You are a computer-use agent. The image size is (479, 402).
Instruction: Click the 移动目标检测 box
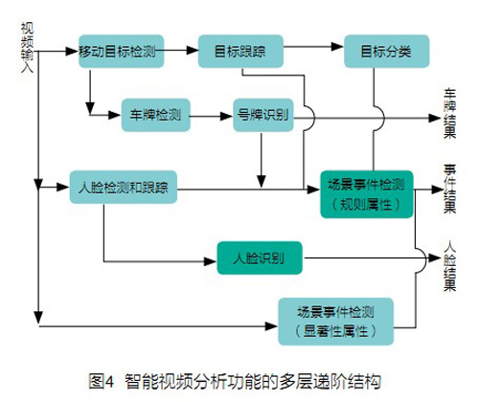coord(120,50)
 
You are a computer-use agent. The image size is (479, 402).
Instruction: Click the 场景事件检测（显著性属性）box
coord(335,321)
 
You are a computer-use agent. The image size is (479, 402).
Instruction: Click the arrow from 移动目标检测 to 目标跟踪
coord(181,50)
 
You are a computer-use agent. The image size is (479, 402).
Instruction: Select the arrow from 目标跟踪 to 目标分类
coord(307,50)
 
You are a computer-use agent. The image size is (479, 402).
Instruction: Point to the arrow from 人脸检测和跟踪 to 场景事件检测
coord(249,189)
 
